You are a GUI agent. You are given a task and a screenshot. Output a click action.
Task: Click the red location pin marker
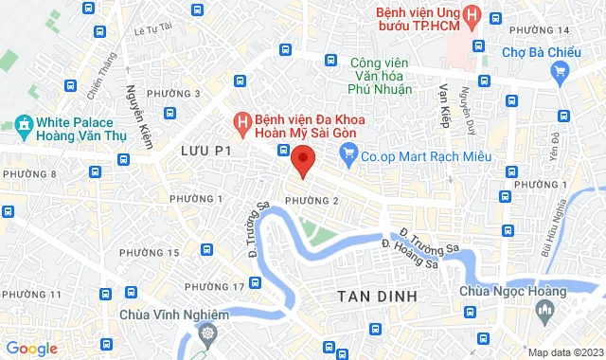click(302, 160)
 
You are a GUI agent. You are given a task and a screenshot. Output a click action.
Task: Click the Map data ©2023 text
click(564, 352)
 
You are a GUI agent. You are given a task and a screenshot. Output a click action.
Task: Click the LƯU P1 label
click(205, 151)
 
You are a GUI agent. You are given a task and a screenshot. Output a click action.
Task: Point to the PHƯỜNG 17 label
click(215, 286)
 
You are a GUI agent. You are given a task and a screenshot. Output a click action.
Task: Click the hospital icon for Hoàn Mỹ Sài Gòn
click(241, 122)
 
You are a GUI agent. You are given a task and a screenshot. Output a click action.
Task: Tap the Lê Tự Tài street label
click(152, 29)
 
